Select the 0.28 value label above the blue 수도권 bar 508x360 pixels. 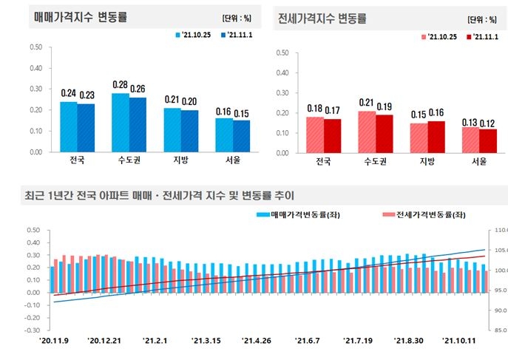pos(120,85)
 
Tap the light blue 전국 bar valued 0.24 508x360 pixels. pos(68,126)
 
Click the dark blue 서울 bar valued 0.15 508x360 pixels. pos(242,135)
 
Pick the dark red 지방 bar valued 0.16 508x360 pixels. pos(436,137)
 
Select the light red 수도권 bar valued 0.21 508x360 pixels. pos(367,132)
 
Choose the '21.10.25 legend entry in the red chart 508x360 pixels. pos(441,36)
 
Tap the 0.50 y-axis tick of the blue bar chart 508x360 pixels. pos(35,47)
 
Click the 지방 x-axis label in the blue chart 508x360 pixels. pos(172,160)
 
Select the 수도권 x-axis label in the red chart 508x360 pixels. pos(375,162)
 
